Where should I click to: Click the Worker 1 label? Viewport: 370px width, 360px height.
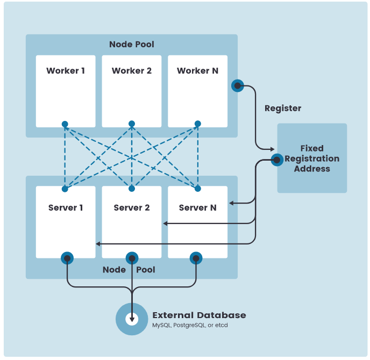(x=66, y=71)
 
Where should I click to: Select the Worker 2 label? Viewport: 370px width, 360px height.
(x=132, y=71)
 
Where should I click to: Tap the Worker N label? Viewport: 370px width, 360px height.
(x=197, y=71)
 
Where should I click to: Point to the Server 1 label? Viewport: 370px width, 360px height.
(x=66, y=208)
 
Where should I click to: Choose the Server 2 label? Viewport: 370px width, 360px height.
(x=132, y=208)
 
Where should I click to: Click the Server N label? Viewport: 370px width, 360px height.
(x=197, y=208)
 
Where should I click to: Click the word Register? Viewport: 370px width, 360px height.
(x=283, y=109)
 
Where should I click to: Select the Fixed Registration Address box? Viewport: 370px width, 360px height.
(x=312, y=158)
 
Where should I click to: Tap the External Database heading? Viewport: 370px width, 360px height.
(x=199, y=315)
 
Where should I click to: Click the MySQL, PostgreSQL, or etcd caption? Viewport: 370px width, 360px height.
(x=190, y=326)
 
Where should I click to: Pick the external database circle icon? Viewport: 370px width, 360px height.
(x=132, y=319)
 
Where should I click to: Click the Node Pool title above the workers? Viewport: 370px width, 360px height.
(x=131, y=44)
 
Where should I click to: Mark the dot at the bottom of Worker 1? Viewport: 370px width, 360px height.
(x=65, y=124)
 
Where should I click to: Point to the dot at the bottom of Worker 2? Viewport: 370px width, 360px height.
(x=132, y=124)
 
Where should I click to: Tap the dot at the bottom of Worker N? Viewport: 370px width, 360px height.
(x=197, y=124)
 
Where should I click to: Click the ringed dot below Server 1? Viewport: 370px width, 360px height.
(x=67, y=258)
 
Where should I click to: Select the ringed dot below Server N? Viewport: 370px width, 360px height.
(x=196, y=258)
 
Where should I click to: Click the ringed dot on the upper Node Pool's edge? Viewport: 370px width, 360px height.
(x=237, y=85)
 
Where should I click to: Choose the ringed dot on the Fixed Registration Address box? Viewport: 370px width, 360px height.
(x=277, y=160)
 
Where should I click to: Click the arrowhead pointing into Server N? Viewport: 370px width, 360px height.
(x=231, y=203)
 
